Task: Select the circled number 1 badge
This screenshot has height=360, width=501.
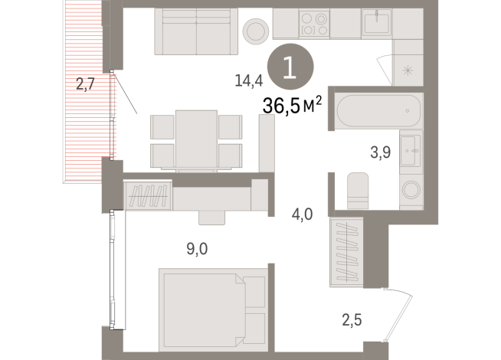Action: point(290,68)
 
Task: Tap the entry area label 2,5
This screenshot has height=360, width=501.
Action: point(352,317)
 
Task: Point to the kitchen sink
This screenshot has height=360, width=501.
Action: point(376,24)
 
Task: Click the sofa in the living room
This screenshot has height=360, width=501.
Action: point(196,31)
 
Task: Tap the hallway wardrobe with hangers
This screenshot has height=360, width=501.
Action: point(345,252)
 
